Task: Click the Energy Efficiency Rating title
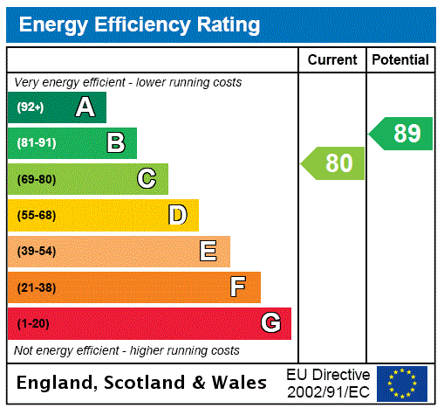[x=140, y=25]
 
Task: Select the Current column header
[x=332, y=60]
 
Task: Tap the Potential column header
[x=400, y=60]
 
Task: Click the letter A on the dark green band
[x=85, y=107]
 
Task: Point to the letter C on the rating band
[x=147, y=179]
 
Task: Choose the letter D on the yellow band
[x=177, y=215]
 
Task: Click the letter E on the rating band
[x=208, y=252]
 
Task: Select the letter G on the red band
[x=270, y=323]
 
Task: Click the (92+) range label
[x=31, y=107]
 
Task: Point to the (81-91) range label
[x=37, y=143]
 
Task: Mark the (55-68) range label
[x=37, y=215]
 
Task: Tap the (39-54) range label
[x=37, y=252]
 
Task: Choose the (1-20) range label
[x=33, y=323]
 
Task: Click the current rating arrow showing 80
[x=334, y=163]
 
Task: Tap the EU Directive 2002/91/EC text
[x=328, y=383]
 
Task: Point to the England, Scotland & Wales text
[x=142, y=383]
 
